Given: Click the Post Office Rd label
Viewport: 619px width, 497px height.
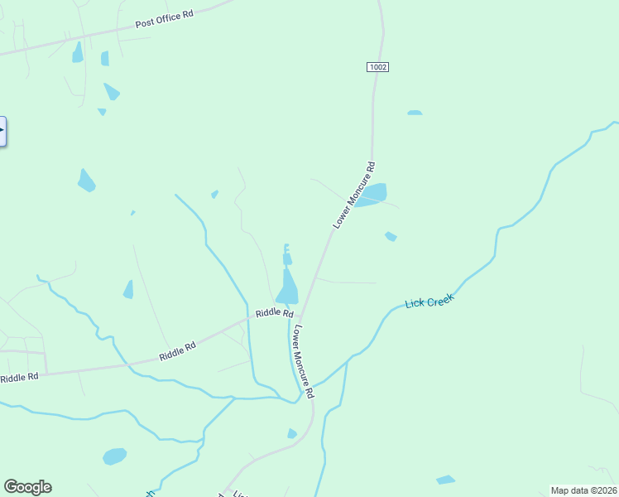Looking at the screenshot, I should point(165,20).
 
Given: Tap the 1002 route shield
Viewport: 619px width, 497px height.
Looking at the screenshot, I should point(378,66).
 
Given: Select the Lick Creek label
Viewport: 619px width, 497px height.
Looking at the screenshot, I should point(429,302).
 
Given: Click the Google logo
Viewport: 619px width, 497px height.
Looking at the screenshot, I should point(27,487).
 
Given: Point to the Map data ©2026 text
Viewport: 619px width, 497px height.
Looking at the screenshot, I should point(583,490).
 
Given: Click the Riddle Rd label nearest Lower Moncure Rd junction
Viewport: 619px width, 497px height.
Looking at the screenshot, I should point(274,313).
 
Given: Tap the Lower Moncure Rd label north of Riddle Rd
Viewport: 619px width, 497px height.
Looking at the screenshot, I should point(354,195).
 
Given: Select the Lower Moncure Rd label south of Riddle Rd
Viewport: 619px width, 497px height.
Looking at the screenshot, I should point(301,361).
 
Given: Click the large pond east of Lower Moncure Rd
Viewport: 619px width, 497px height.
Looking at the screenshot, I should point(372,195).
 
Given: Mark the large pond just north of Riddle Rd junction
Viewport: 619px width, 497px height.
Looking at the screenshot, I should point(288,291).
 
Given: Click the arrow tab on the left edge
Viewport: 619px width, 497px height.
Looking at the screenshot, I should point(2,131).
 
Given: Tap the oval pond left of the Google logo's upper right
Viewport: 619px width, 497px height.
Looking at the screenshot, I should point(114,456).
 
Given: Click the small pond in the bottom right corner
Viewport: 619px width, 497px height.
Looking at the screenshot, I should point(445,480).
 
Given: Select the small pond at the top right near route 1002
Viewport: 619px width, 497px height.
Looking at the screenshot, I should point(414,113).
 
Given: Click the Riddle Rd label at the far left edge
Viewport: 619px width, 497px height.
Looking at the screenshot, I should point(19,378).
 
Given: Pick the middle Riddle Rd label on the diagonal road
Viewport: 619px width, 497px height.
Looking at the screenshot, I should point(177,352).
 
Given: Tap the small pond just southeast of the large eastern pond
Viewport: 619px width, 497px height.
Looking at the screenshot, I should point(391,237).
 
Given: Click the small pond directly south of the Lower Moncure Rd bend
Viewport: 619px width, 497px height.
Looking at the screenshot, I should point(291,433).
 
